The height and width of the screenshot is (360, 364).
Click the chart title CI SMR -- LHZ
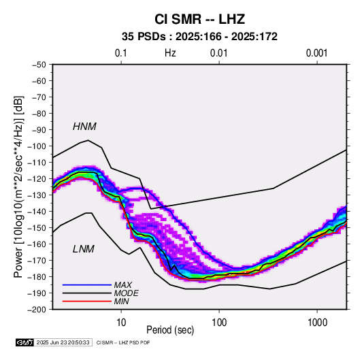coord(199,19)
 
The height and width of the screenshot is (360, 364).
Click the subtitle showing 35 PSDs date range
coord(199,37)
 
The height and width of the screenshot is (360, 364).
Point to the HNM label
coord(84,127)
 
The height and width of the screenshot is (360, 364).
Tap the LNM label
coord(84,249)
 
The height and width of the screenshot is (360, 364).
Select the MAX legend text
coord(123,285)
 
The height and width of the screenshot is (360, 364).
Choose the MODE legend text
coord(127,293)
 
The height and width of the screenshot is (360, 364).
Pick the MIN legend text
coord(121,301)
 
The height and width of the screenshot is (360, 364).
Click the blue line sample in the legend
coord(87,285)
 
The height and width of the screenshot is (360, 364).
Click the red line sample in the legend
coord(87,301)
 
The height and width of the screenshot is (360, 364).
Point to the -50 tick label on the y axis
coord(39,65)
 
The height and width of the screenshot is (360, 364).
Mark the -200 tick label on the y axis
coord(37,310)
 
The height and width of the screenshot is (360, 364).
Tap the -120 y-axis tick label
coord(37,179)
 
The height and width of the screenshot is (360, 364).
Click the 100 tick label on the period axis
coord(219,323)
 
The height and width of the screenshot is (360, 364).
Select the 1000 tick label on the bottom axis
coord(317,323)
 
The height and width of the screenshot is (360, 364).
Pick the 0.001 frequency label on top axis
coord(316,53)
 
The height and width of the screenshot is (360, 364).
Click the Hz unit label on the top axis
coord(170,53)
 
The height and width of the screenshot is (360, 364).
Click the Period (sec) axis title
coord(170,330)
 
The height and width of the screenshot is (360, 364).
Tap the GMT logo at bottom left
coord(25,342)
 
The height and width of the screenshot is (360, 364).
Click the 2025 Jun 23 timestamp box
coord(63,342)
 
